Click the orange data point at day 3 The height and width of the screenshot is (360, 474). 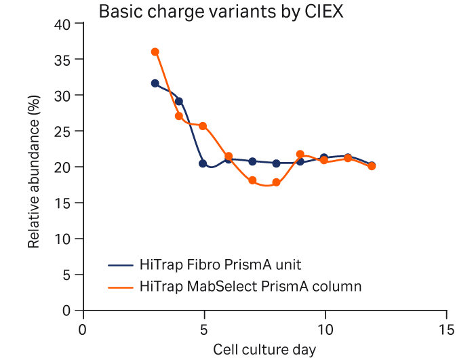click(155, 52)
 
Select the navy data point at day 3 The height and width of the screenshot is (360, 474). click(155, 83)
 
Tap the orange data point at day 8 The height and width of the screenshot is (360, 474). click(276, 182)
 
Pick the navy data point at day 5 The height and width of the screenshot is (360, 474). click(203, 163)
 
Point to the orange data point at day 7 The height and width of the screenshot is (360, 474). click(252, 180)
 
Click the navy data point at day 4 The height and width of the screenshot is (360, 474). click(179, 102)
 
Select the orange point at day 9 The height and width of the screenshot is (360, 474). click(300, 155)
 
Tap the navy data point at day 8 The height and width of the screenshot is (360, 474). click(276, 163)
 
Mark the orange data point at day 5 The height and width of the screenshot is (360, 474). click(203, 126)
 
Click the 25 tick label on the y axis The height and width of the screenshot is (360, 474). click(62, 132)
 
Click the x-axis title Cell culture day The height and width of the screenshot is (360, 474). click(264, 349)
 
